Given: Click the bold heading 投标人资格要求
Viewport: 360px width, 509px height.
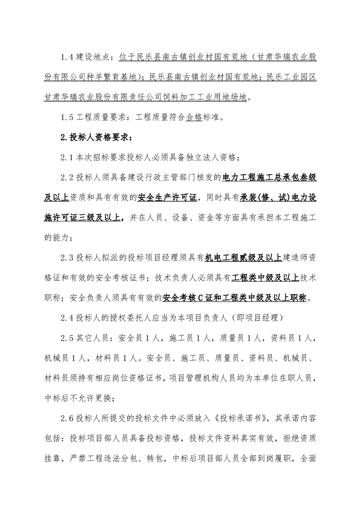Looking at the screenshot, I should pos(96,137).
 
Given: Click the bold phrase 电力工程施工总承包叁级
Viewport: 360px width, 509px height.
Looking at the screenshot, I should pos(269,176).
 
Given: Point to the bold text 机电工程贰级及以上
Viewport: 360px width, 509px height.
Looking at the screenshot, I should pos(244,257).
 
